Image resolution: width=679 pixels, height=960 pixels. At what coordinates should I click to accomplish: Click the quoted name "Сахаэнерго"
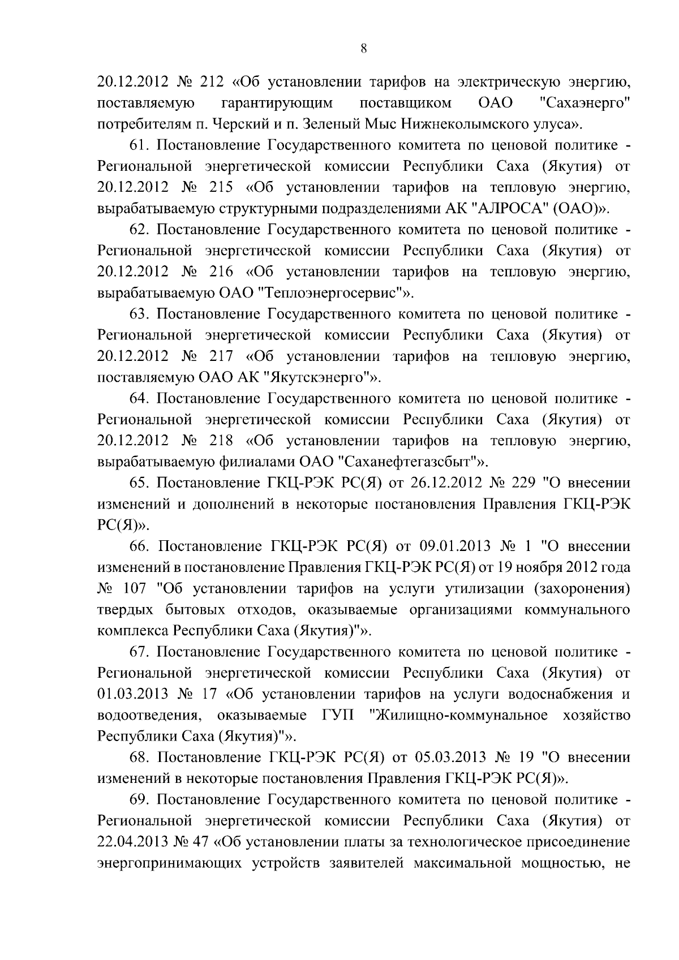585,103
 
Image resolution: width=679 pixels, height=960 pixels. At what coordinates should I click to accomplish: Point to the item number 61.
140,145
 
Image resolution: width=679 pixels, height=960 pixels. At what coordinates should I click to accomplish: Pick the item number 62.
140,230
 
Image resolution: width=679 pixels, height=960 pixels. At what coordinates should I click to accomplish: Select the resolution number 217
221,356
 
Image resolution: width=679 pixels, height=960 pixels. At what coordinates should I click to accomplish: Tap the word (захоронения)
581,589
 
